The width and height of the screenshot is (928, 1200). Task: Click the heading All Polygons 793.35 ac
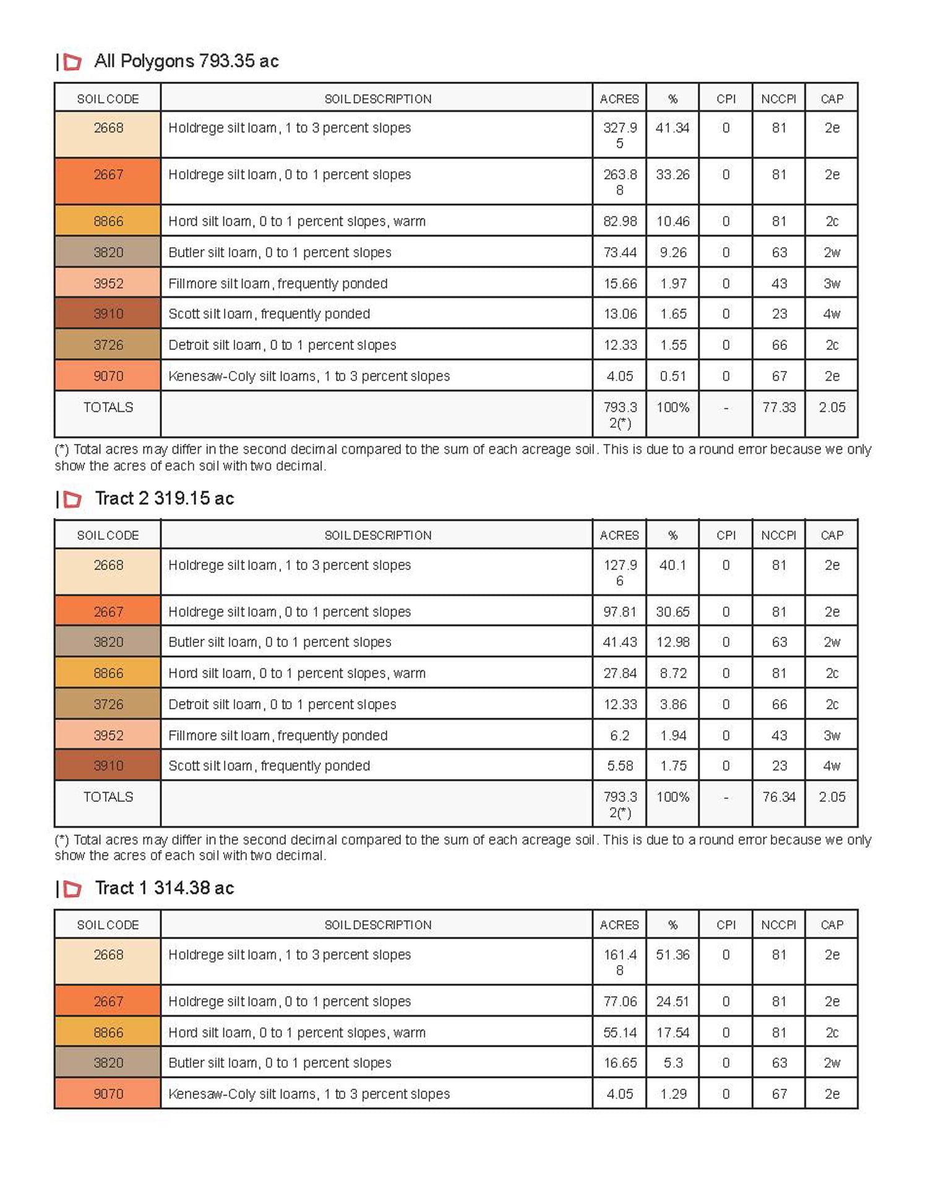(x=186, y=61)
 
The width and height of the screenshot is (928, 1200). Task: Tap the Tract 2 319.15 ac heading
(x=165, y=498)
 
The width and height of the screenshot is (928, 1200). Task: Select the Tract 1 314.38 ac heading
(x=165, y=888)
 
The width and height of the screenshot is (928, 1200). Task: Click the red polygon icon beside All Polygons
(x=72, y=62)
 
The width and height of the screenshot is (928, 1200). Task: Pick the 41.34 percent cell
(x=672, y=128)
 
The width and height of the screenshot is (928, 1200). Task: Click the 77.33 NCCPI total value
(x=779, y=407)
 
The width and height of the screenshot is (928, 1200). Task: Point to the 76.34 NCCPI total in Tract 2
(x=779, y=797)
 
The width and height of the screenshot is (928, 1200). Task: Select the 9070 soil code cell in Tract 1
(x=108, y=1094)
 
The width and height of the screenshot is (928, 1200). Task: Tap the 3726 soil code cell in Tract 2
(x=108, y=704)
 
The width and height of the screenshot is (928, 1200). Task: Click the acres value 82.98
(x=620, y=221)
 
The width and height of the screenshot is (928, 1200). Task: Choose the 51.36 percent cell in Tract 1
(x=672, y=955)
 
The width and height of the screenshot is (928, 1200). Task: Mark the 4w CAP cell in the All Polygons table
(x=831, y=314)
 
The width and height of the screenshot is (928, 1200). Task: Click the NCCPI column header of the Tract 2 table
(x=779, y=535)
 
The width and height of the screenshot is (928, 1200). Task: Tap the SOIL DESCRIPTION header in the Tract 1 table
(x=378, y=925)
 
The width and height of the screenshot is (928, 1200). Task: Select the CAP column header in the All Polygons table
(x=831, y=99)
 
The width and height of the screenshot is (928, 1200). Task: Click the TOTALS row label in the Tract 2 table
(x=108, y=797)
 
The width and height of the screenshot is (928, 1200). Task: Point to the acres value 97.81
(x=620, y=611)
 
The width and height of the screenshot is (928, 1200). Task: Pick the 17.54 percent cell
(x=672, y=1032)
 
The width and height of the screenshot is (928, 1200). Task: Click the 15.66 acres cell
(x=620, y=284)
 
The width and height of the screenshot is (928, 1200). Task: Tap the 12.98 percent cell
(x=672, y=642)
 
